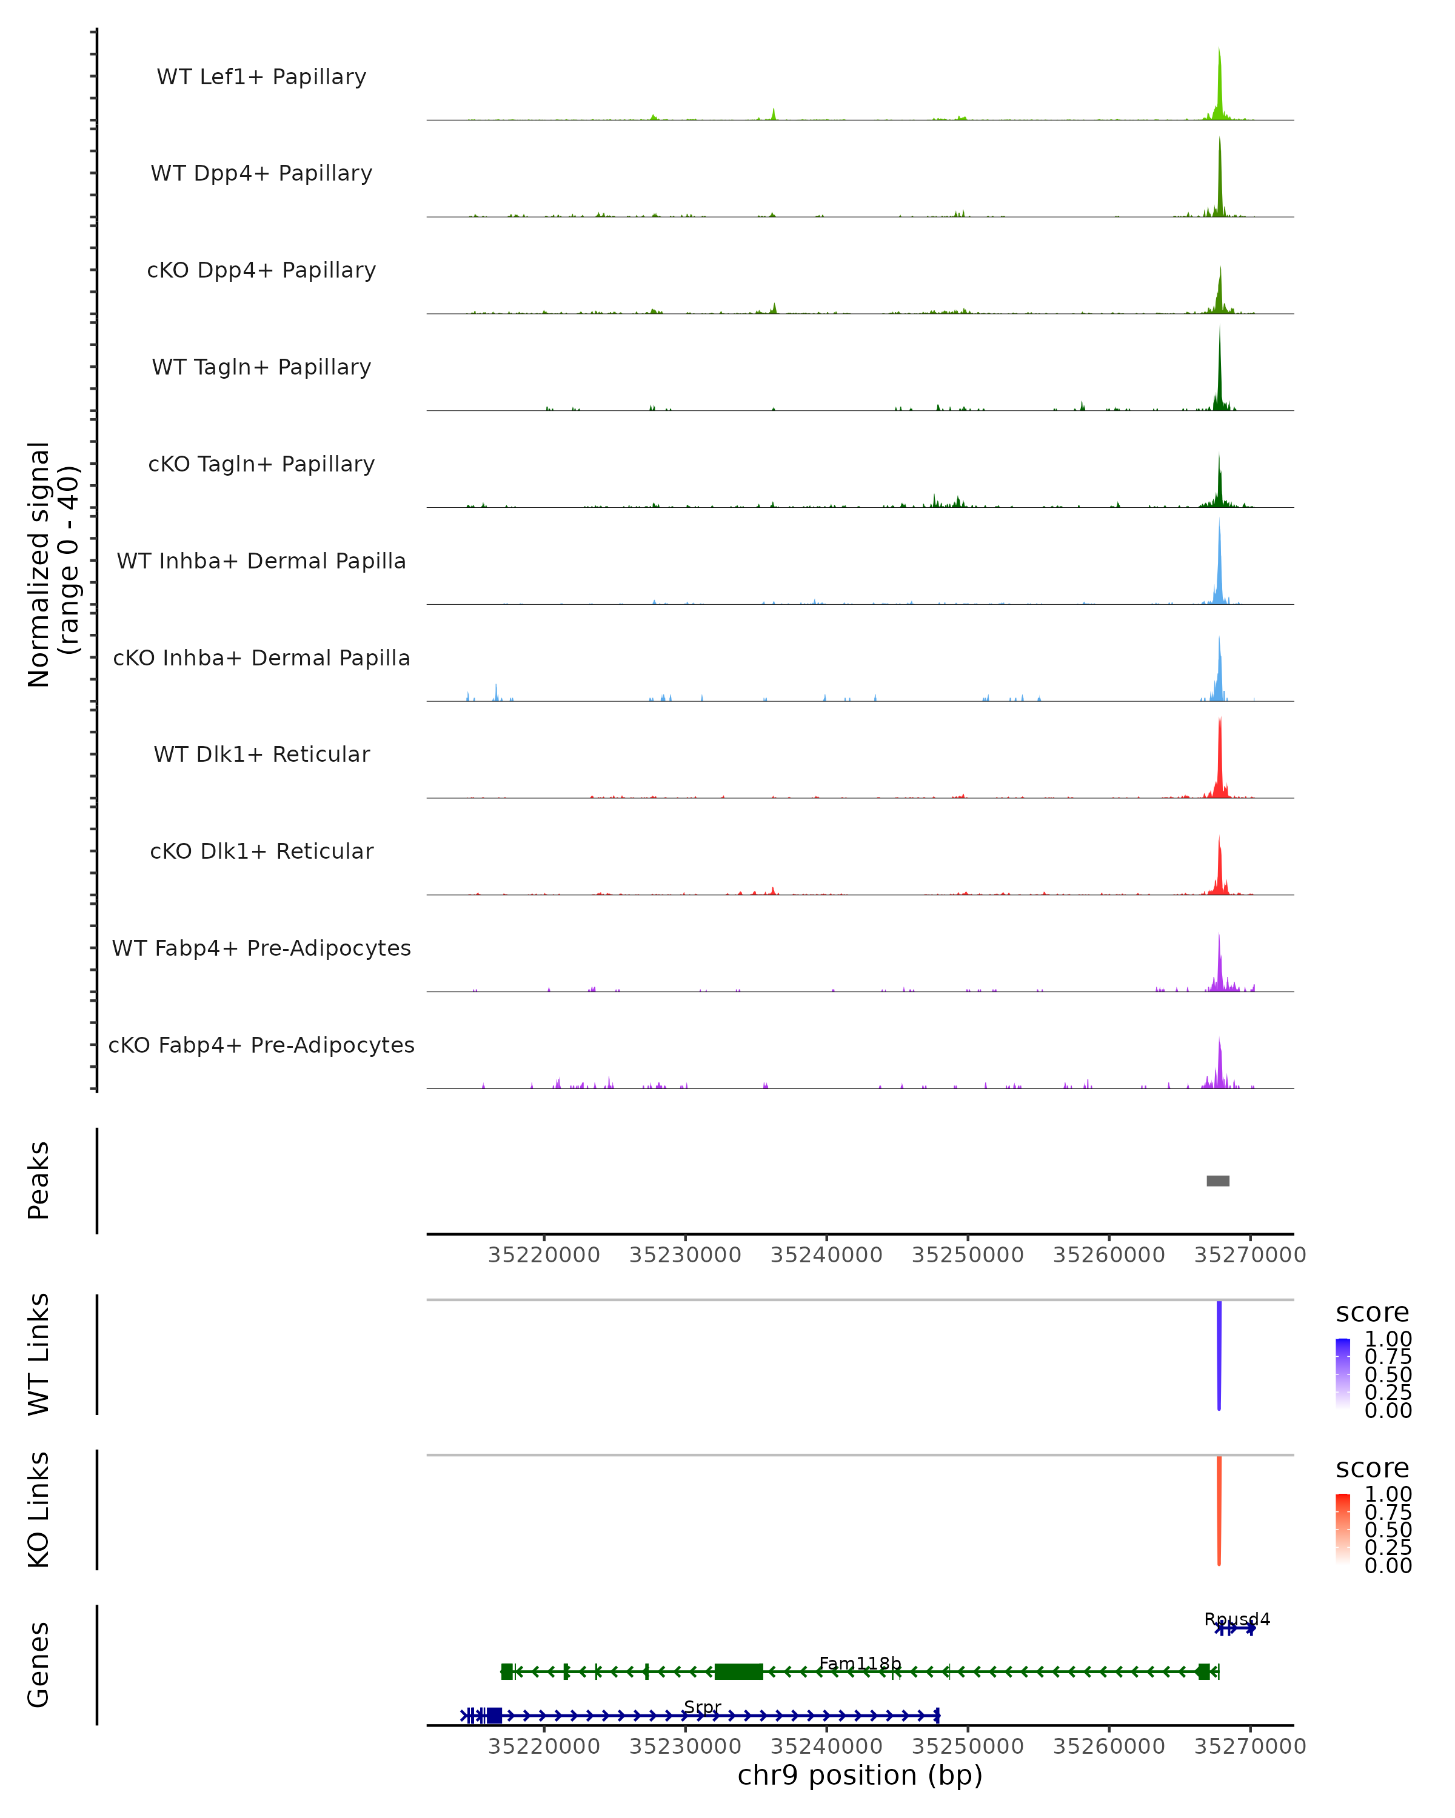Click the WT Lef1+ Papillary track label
pyautogui.click(x=261, y=77)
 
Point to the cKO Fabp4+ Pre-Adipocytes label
pyautogui.click(x=261, y=1045)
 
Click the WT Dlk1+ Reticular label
pyautogui.click(x=261, y=754)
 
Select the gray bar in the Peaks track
pyautogui.click(x=1218, y=1180)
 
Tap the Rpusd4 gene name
pyautogui.click(x=1237, y=1619)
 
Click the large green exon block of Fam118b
pyautogui.click(x=739, y=1671)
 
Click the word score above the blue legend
pyautogui.click(x=1373, y=1313)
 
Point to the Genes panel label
pyautogui.click(x=38, y=1665)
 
